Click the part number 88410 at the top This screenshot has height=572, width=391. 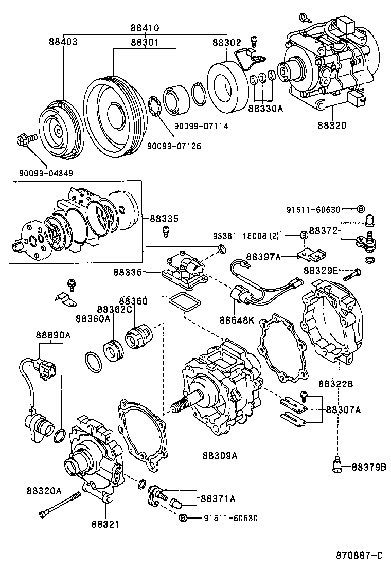pos(145,28)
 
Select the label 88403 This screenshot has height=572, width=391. pos(63,42)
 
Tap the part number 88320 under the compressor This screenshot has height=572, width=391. pos(332,125)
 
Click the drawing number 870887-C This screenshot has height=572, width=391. pos(359,556)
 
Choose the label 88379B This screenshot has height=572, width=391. pos(369,467)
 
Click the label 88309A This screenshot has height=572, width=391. pos(220,455)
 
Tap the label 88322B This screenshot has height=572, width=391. pos(335,383)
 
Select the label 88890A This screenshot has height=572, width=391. pos(53,335)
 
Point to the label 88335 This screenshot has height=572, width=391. pos(164,219)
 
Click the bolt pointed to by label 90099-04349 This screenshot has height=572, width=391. pos(25,138)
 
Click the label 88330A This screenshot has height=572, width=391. pos(265,109)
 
